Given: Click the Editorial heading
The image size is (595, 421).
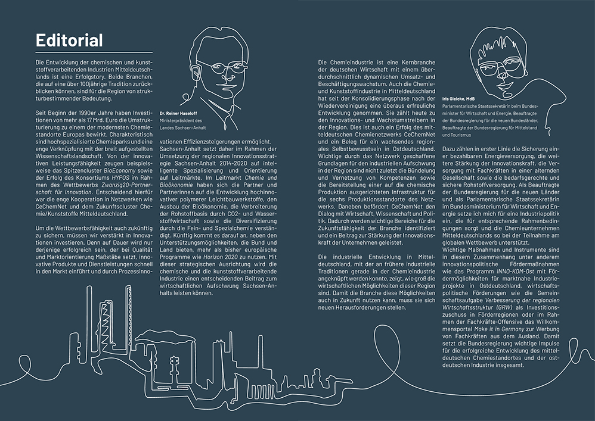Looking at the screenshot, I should pyautogui.click(x=69, y=40).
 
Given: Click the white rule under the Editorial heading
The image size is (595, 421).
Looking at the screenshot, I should pyautogui.click(x=94, y=52).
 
